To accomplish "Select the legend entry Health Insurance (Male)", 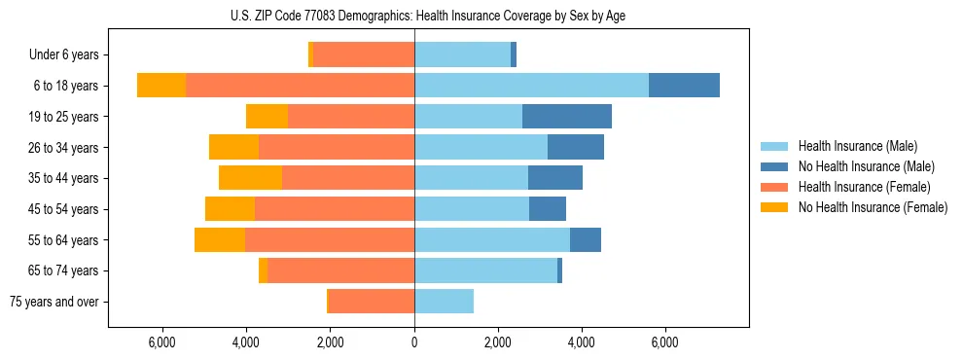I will tap(857, 146).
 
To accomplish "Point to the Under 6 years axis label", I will tap(70, 54).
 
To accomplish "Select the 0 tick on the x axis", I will tap(414, 342).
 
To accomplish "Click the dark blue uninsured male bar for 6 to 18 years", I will tap(684, 86).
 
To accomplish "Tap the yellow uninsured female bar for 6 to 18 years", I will tap(161, 86).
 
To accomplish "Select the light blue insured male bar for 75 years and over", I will tap(444, 302).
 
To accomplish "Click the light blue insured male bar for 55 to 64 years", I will tap(492, 239).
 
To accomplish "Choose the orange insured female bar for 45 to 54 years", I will tap(335, 209).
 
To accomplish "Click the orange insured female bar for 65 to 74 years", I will tap(340, 270).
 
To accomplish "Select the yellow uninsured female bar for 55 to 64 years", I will tap(220, 239).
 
